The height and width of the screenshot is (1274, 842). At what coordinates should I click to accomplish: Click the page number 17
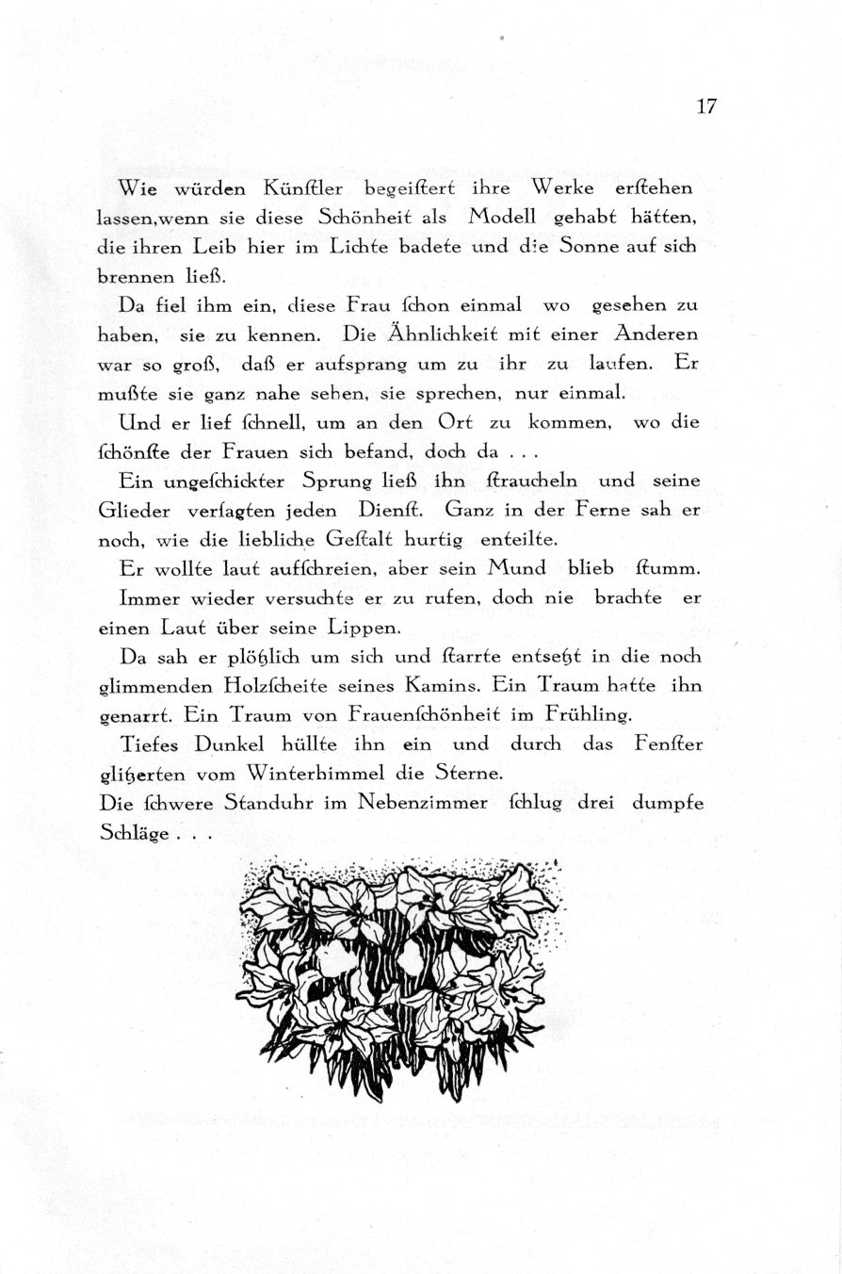coord(707,106)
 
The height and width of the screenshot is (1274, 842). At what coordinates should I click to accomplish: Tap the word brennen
coord(133,278)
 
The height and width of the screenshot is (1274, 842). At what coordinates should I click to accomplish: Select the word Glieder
coord(134,511)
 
